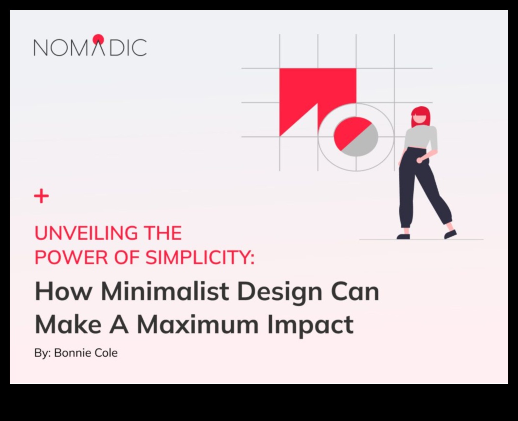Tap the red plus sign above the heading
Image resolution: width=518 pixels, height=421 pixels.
(41, 196)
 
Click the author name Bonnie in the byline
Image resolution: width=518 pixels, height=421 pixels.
(72, 353)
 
